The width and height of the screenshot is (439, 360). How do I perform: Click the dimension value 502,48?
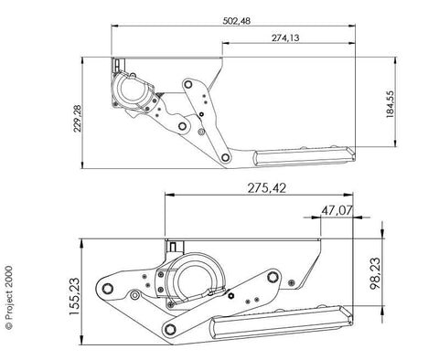tap(237, 21)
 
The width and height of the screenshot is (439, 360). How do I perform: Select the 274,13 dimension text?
tap(285, 38)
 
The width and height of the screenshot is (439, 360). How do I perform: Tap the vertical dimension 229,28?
tap(78, 118)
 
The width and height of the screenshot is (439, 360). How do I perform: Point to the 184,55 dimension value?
tap(390, 104)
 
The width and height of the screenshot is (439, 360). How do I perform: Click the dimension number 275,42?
tap(267, 188)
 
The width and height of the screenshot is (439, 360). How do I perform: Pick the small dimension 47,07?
tap(337, 210)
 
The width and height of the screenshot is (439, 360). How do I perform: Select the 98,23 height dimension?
tap(375, 273)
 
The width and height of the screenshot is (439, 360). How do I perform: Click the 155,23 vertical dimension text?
tap(74, 296)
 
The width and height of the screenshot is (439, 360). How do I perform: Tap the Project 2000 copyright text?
tap(9, 298)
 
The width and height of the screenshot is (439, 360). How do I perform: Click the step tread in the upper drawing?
tap(305, 156)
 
